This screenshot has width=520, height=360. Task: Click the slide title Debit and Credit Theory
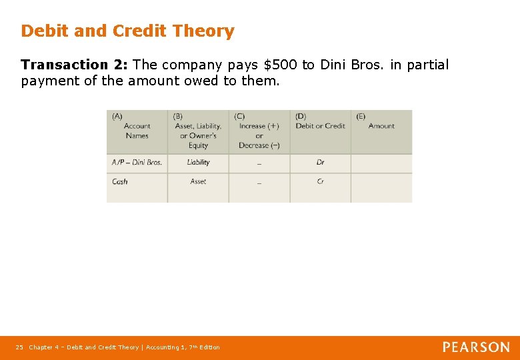127,31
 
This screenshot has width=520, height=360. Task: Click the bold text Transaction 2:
75,65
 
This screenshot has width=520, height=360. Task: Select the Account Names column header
137,131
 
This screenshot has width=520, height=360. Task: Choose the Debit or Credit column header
320,125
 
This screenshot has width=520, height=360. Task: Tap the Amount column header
381,125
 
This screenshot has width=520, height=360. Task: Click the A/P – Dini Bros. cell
137,162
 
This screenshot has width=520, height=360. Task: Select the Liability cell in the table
198,162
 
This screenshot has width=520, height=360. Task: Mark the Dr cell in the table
321,162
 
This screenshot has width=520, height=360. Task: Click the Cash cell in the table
121,181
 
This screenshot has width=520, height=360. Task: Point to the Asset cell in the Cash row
198,181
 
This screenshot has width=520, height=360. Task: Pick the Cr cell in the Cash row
321,181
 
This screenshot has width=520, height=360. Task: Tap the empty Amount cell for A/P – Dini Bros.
381,162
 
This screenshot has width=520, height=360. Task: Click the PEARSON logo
476,347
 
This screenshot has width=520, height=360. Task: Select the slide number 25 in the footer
19,347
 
